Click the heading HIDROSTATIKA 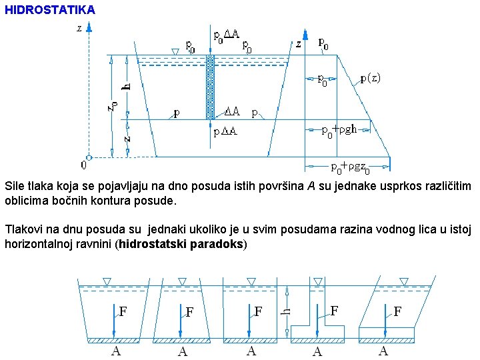(x=50, y=10)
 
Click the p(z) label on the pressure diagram (x=370, y=78)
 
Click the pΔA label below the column (x=225, y=132)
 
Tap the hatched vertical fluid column (x=210, y=87)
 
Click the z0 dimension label (x=113, y=105)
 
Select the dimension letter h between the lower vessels (x=285, y=311)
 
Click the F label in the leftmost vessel (x=123, y=311)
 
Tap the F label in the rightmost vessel (x=397, y=311)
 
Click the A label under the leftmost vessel (x=116, y=351)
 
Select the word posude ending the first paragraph (x=158, y=200)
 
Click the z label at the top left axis (x=79, y=29)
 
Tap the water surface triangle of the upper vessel (x=175, y=51)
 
